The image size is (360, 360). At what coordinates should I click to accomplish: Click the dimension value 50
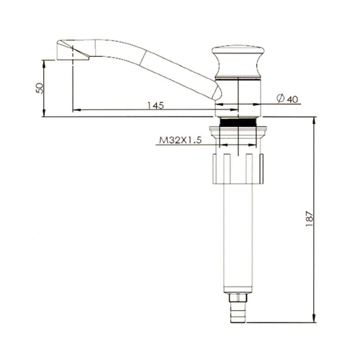tap(40, 88)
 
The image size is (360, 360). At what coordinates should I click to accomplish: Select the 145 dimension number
tap(156, 105)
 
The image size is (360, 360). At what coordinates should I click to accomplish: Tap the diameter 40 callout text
tap(287, 99)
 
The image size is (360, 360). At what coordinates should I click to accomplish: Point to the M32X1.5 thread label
tap(181, 140)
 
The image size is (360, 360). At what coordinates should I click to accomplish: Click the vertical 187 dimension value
tap(310, 219)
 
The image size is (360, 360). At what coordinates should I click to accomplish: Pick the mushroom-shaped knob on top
tap(238, 61)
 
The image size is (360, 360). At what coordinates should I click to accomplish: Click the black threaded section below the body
tap(238, 122)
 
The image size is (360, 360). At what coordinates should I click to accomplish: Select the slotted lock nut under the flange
tap(238, 168)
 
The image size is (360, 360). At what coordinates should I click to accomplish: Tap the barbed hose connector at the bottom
tap(238, 312)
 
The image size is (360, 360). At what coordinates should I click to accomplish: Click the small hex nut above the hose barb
tap(238, 298)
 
